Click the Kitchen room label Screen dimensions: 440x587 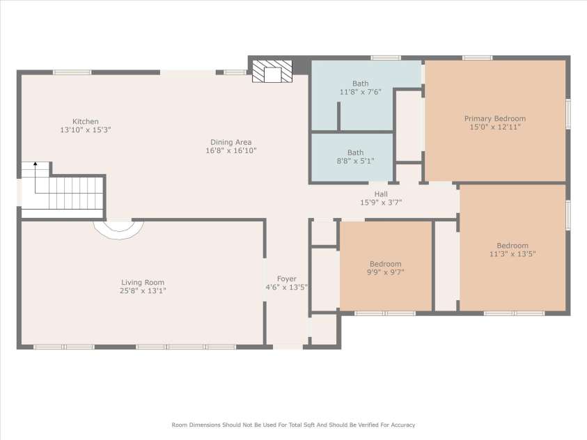[86, 121]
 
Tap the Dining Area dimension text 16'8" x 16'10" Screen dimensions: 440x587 [231, 150]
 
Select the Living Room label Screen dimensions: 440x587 [142, 282]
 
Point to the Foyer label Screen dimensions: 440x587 [286, 278]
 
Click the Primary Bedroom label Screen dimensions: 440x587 [494, 118]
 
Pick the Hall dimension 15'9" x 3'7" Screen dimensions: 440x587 [381, 203]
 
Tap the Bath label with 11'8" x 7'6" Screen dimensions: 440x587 [360, 84]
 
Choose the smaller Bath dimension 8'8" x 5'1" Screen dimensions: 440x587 [355, 161]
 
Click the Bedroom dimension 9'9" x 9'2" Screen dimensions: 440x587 [385, 272]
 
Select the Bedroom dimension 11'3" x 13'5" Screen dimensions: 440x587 [512, 253]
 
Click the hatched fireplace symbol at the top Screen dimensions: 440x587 [272, 71]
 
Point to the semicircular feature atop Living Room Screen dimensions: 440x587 [118, 230]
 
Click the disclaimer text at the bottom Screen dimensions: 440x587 [293, 424]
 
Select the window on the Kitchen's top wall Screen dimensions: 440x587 [72, 72]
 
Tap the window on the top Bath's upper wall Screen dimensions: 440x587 [385, 58]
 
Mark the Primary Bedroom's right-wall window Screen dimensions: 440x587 [568, 113]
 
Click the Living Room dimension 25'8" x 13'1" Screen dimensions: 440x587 [142, 290]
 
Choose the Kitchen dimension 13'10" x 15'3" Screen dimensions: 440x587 [86, 129]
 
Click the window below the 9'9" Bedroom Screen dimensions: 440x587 [385, 313]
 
